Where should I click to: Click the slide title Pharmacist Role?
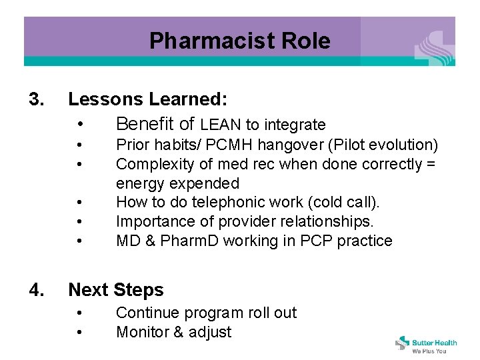coord(239,41)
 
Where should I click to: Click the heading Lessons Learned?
coord(148,100)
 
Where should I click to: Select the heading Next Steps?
coord(115,290)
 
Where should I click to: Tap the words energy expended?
coord(177,183)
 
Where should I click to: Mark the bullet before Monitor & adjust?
coord(79,332)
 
